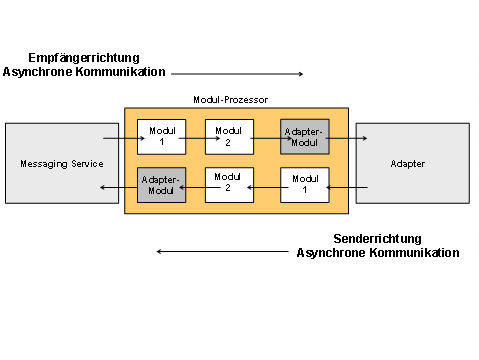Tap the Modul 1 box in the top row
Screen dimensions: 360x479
(x=161, y=137)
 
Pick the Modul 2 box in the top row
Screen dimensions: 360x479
(x=229, y=137)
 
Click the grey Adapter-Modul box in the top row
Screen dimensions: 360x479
(x=303, y=137)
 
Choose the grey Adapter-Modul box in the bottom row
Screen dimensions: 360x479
(x=161, y=185)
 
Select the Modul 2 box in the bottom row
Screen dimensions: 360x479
(x=229, y=185)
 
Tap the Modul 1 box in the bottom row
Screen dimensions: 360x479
(x=303, y=185)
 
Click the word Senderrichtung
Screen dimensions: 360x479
(x=377, y=239)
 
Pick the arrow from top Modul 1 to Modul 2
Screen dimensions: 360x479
(x=192, y=140)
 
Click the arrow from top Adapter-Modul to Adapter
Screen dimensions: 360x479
(x=342, y=140)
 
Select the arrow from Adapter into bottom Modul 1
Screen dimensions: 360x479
(x=342, y=187)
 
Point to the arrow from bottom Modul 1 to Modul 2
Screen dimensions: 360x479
(x=266, y=187)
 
